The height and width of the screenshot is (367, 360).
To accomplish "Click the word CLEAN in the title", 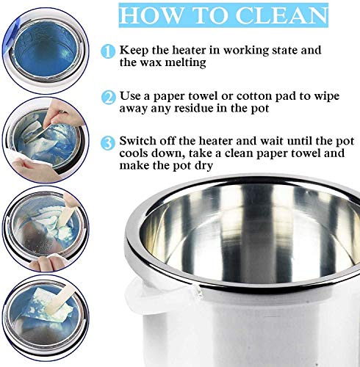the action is pos(281,15).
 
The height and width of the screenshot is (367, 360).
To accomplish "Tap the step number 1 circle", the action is pos(108,51).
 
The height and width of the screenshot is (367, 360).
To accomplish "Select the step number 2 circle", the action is pos(108,98).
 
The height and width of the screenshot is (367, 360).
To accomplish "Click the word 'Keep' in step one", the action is pos(134,51).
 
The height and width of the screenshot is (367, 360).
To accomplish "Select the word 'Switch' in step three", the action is pos(138,141).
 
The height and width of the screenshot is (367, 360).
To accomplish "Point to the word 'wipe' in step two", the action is pos(327,96).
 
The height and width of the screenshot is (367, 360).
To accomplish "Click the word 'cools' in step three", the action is pos(133,153).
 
